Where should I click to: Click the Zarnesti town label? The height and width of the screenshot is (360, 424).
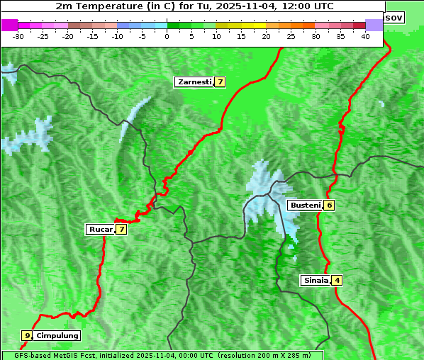click(194, 82)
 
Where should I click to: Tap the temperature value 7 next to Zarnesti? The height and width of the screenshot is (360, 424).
click(221, 82)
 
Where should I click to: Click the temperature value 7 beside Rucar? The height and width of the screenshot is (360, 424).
click(121, 229)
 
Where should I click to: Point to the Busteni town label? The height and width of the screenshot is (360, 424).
click(304, 206)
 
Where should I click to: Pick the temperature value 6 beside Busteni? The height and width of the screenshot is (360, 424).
click(329, 206)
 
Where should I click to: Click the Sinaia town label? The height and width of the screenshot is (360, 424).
click(315, 280)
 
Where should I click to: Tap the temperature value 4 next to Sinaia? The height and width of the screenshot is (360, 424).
click(337, 280)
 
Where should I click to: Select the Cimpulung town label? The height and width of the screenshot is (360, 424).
click(57, 335)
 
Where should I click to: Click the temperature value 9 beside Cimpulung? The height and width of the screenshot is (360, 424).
click(27, 335)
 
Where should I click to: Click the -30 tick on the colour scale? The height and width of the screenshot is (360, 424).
click(18, 35)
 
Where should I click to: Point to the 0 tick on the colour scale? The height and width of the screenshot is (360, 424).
click(167, 35)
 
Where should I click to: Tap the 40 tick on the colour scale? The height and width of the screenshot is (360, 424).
click(365, 35)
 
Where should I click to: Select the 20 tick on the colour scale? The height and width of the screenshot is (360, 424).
click(266, 35)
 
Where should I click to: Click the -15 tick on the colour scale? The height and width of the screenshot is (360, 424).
click(93, 35)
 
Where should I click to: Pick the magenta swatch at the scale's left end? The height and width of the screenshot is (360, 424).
click(9, 25)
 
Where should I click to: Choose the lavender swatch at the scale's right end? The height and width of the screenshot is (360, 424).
click(374, 25)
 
